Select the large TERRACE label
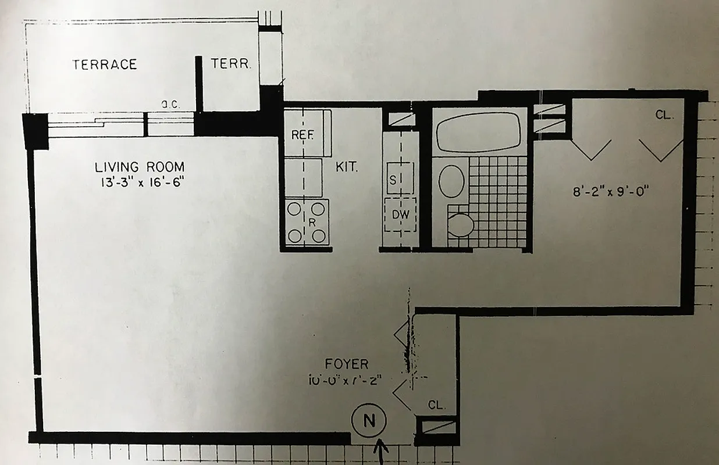click(x=105, y=65)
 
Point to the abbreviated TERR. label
click(x=231, y=65)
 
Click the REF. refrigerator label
click(x=303, y=135)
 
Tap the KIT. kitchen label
click(x=347, y=168)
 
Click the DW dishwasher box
click(x=400, y=214)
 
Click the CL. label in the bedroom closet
click(x=664, y=115)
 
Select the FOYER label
click(x=347, y=364)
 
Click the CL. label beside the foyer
click(x=436, y=406)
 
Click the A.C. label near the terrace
click(x=169, y=105)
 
